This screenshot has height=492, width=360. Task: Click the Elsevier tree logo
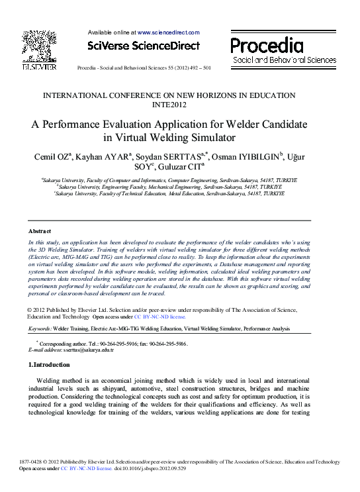click(x=39, y=47)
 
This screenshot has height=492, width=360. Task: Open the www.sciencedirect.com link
click(x=168, y=32)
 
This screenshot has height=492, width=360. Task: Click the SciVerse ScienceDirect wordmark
click(x=143, y=46)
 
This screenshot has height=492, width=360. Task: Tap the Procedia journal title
click(x=267, y=46)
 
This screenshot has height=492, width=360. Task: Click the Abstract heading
click(x=40, y=231)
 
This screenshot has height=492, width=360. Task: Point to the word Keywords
click(x=39, y=328)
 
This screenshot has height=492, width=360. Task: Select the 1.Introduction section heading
click(x=50, y=365)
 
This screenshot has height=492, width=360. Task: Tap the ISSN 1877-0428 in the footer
click(x=31, y=462)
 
